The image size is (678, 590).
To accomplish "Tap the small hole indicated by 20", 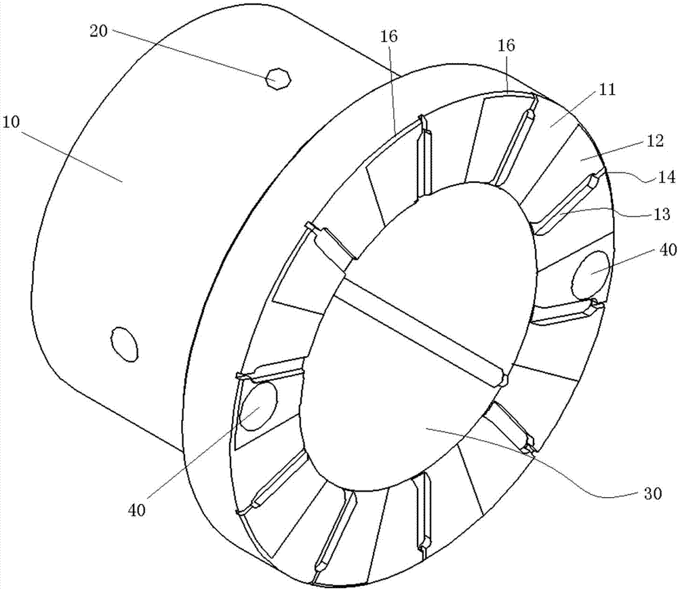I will pyautogui.click(x=277, y=79).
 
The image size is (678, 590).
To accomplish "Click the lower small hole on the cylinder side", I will pyautogui.click(x=124, y=343).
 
